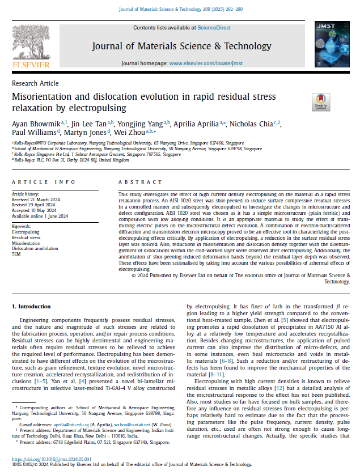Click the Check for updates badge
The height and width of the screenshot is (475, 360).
(321, 103)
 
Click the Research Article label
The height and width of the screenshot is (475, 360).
(35, 83)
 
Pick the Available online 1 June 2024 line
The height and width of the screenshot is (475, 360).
(40, 215)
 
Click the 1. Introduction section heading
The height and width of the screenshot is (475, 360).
(31, 307)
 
